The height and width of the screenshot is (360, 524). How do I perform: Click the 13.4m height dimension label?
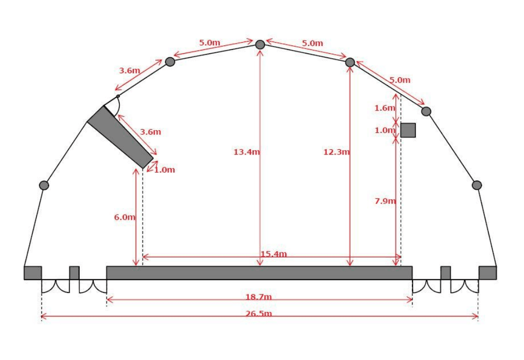coord(247,152)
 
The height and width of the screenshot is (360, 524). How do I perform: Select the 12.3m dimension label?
coord(336,152)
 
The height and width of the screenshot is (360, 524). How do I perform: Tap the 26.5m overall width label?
coord(259,314)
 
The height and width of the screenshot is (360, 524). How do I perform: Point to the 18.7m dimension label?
coord(259,296)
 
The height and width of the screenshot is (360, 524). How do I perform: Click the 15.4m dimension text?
coord(274,254)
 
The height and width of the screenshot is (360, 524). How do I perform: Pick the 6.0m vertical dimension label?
coord(125,217)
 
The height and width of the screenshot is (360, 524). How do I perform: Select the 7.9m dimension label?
coord(385,201)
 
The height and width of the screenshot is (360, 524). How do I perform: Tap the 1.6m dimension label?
coord(385,108)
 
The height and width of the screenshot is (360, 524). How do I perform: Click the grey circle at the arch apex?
coord(260,45)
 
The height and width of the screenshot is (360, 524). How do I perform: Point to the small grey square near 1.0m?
coord(408,130)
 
